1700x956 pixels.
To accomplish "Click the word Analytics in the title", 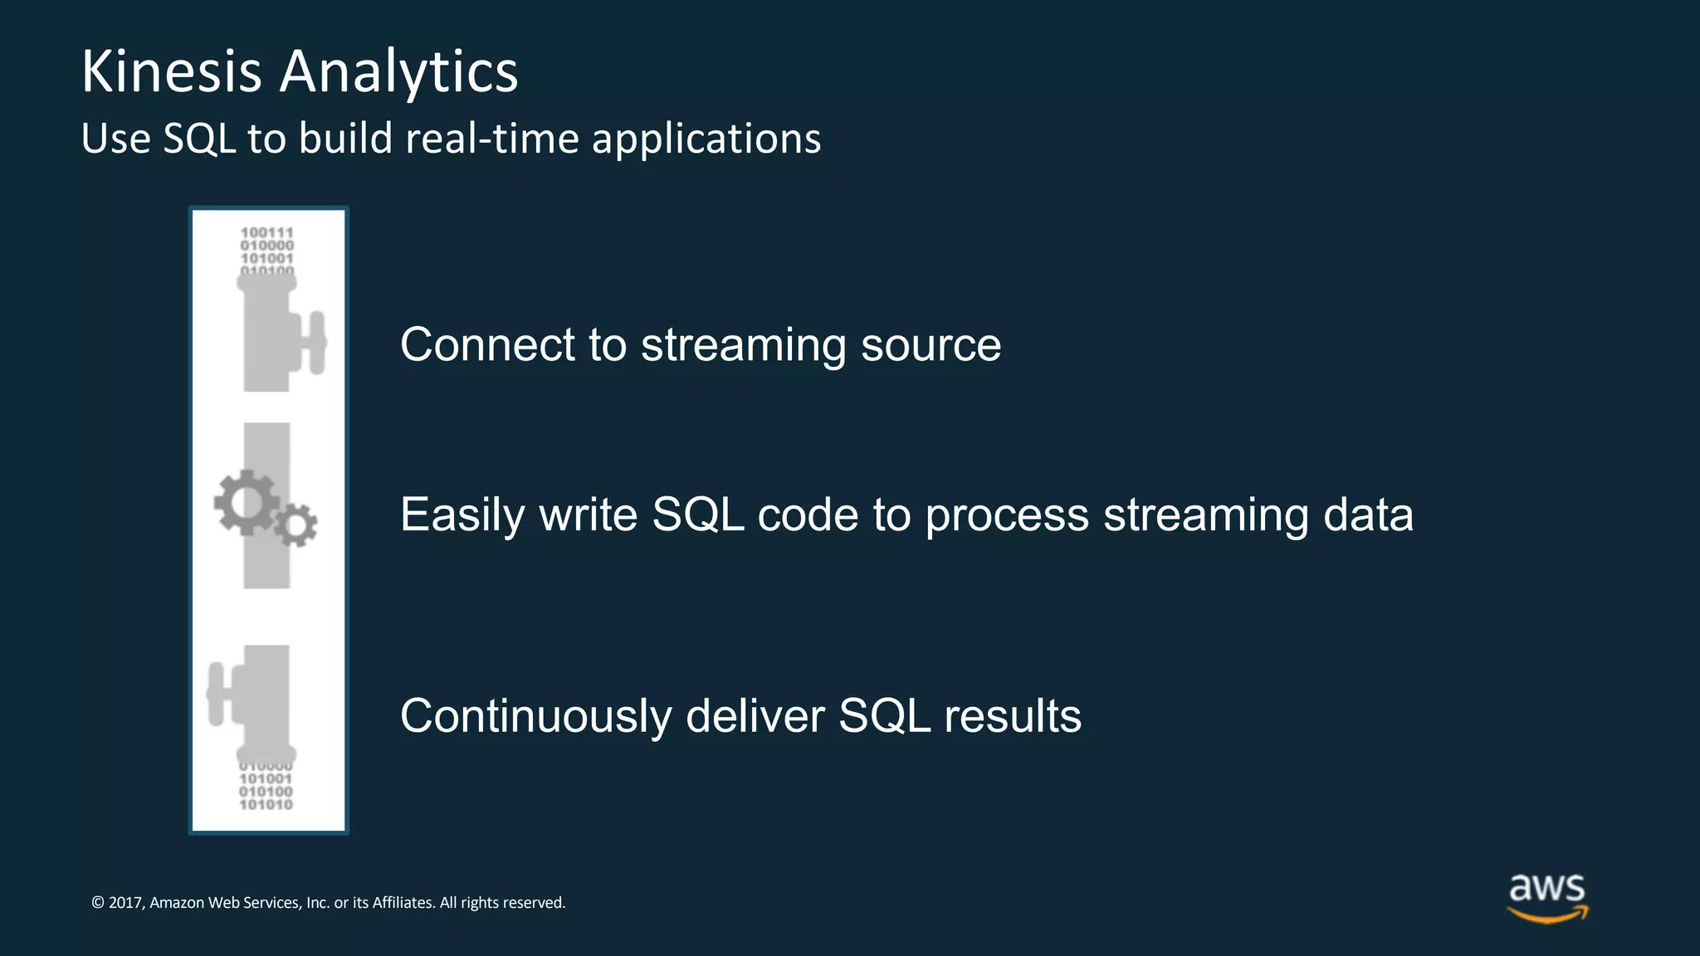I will [398, 72].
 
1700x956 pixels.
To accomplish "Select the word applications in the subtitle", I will [706, 139].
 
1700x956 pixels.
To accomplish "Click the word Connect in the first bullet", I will [487, 344].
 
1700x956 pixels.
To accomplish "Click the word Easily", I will [462, 515].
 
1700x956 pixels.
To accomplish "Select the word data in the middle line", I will [1368, 515].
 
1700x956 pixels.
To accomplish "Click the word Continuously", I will [535, 716].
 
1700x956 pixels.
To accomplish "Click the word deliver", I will [755, 716].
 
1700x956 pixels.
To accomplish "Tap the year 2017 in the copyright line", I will [125, 903].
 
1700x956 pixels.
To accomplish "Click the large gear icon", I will [246, 501].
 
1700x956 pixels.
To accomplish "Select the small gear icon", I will [296, 524].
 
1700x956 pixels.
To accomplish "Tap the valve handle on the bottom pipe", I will [217, 694].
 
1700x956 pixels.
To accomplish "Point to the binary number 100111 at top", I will [266, 232].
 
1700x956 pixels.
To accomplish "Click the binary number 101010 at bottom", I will [266, 805].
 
